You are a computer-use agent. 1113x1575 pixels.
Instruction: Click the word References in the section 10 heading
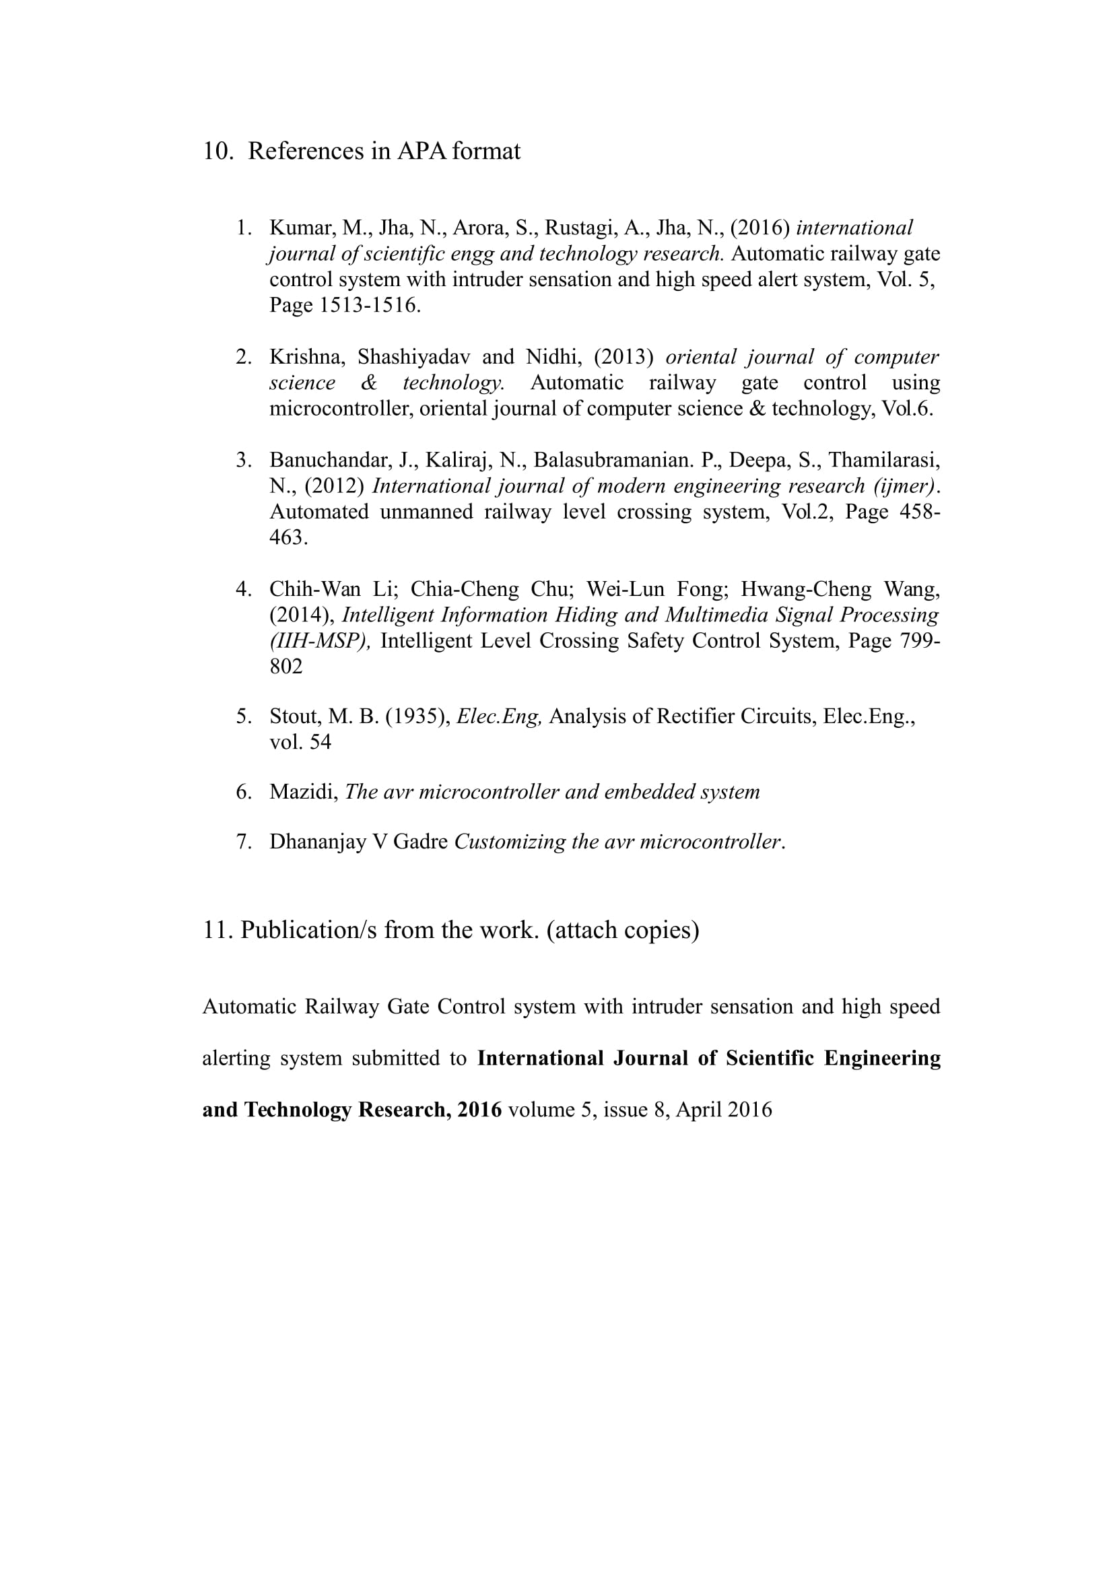click(306, 151)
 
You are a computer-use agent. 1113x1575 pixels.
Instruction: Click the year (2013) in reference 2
click(623, 357)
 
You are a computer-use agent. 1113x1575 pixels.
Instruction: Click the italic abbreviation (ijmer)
click(904, 486)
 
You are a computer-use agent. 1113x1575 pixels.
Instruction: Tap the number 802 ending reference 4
click(286, 666)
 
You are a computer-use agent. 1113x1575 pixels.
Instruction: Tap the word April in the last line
click(699, 1109)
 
